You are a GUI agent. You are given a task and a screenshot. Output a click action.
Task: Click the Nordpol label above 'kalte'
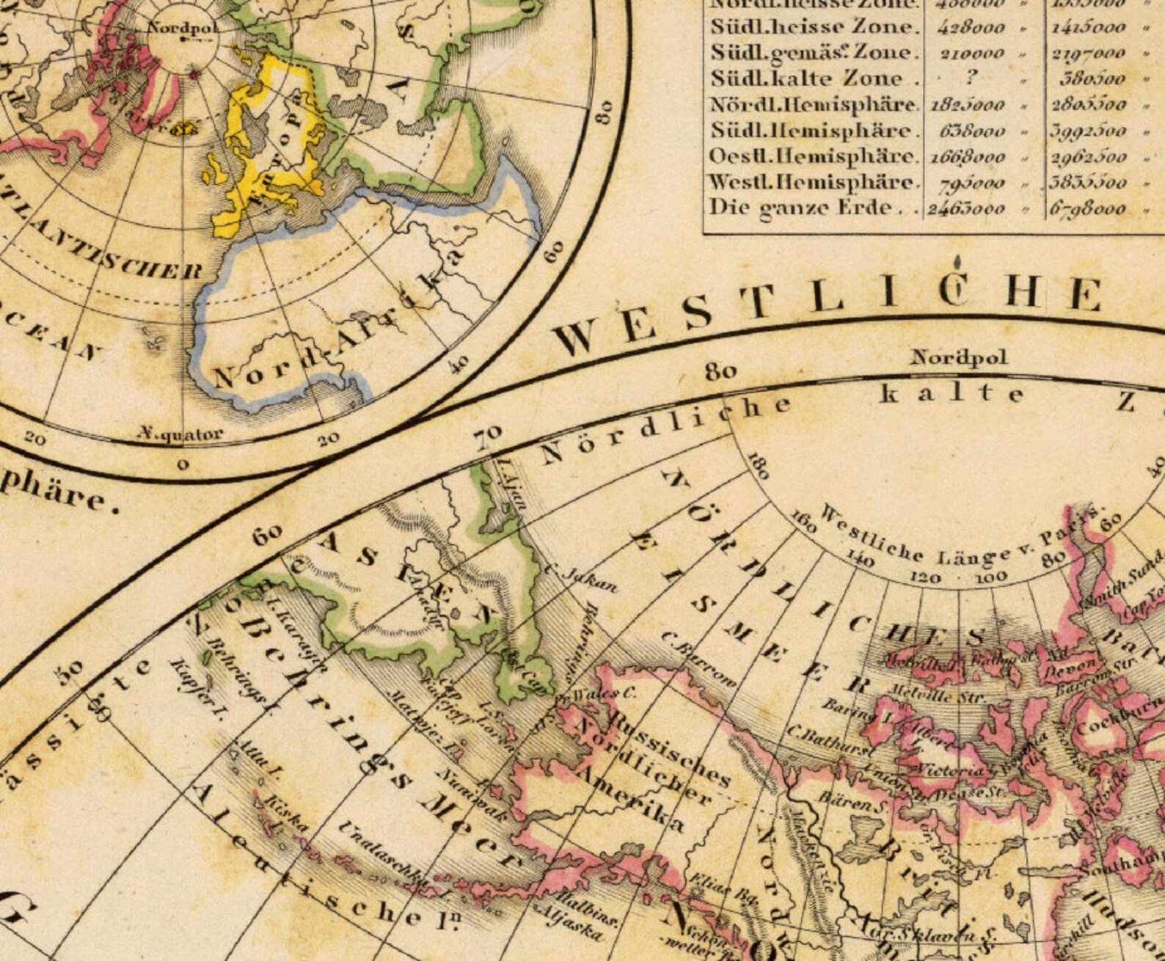point(959,358)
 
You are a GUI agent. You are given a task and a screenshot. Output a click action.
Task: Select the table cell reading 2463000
point(966,208)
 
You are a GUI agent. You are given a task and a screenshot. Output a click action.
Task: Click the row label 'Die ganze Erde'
point(801,208)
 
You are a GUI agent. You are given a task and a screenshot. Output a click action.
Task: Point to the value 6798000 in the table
point(1087,208)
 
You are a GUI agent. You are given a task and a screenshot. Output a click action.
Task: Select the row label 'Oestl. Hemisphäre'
point(813,156)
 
